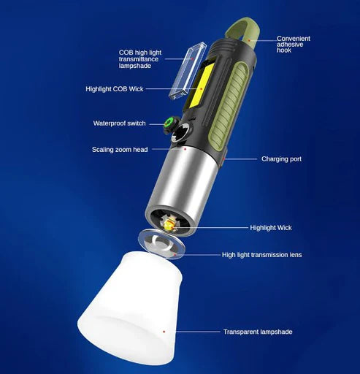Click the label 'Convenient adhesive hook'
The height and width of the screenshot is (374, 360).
tap(294, 45)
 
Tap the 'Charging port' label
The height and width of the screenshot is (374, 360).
tap(281, 159)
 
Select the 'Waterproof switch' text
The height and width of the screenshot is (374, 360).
tap(119, 123)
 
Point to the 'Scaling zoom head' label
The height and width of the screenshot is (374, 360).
tap(120, 149)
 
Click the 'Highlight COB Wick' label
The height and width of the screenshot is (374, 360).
tap(115, 89)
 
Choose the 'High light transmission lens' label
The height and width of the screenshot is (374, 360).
tap(261, 255)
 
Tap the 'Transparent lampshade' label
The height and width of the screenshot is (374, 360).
tap(258, 332)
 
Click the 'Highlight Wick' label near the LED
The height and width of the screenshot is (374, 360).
tap(271, 228)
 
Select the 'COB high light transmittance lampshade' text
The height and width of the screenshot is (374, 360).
tap(140, 59)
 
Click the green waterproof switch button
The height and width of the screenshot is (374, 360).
tap(168, 123)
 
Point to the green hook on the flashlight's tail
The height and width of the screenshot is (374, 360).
tap(240, 32)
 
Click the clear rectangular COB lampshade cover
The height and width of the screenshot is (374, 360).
tap(188, 70)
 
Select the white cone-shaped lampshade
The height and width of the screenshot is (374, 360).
tap(130, 308)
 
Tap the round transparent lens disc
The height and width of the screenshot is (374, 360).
tap(161, 244)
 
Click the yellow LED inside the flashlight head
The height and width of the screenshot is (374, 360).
tap(169, 226)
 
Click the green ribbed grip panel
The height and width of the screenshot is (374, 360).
tap(228, 102)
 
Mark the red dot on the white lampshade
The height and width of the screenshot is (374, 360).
tap(164, 332)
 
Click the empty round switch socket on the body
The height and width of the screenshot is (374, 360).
tap(181, 133)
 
